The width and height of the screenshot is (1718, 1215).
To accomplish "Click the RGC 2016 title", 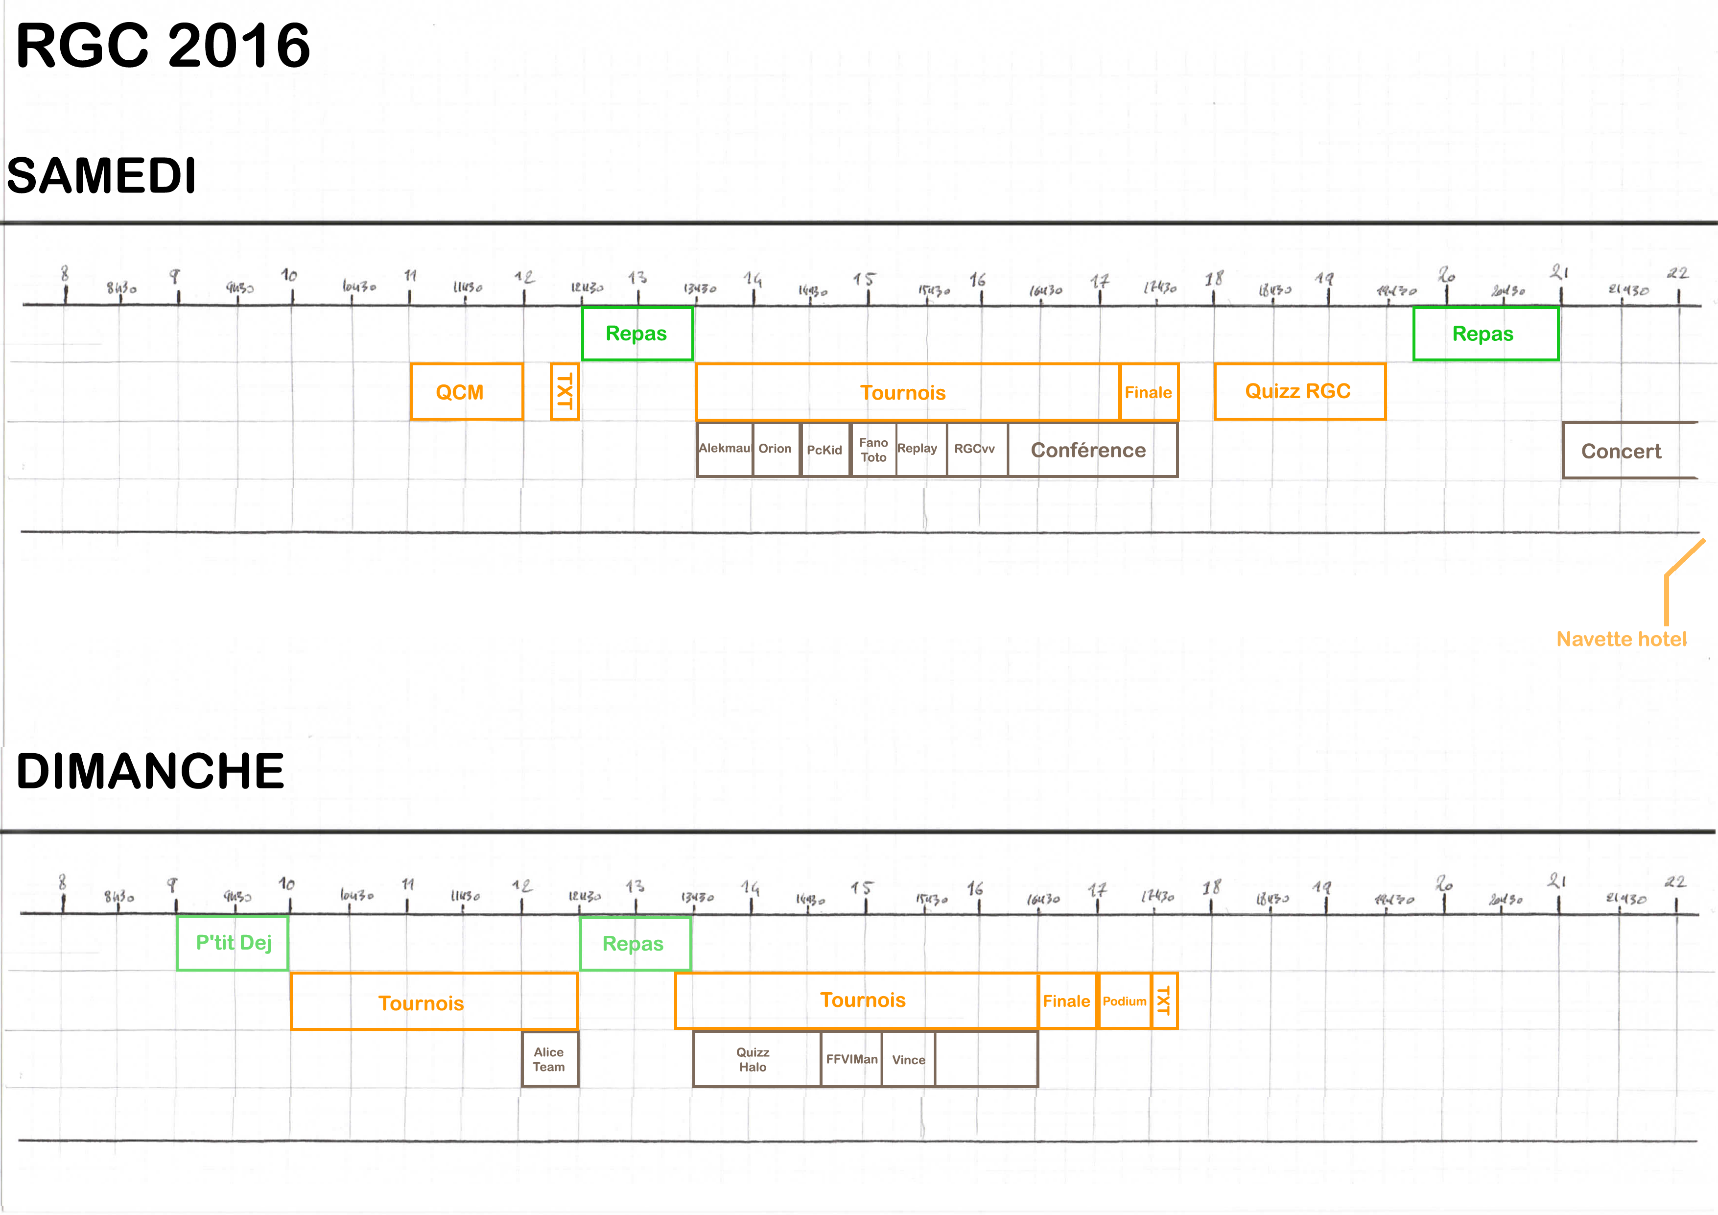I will [x=163, y=47].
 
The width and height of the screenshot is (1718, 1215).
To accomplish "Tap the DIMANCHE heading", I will [x=150, y=772].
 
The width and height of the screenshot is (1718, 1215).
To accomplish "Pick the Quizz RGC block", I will [x=1299, y=391].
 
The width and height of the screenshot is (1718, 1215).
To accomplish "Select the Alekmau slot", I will [x=724, y=449].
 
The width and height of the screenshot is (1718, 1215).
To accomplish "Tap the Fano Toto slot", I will [x=873, y=450].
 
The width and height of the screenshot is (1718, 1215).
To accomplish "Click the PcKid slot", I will [x=824, y=450].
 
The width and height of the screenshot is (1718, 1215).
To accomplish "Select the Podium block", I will [x=1124, y=1001].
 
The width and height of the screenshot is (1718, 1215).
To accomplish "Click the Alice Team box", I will [x=549, y=1059].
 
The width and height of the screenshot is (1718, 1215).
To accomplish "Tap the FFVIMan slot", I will [x=851, y=1059].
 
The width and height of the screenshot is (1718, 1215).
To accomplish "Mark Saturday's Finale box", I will [x=1149, y=392].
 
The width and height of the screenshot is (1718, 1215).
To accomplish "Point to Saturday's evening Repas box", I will [x=1484, y=334].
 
